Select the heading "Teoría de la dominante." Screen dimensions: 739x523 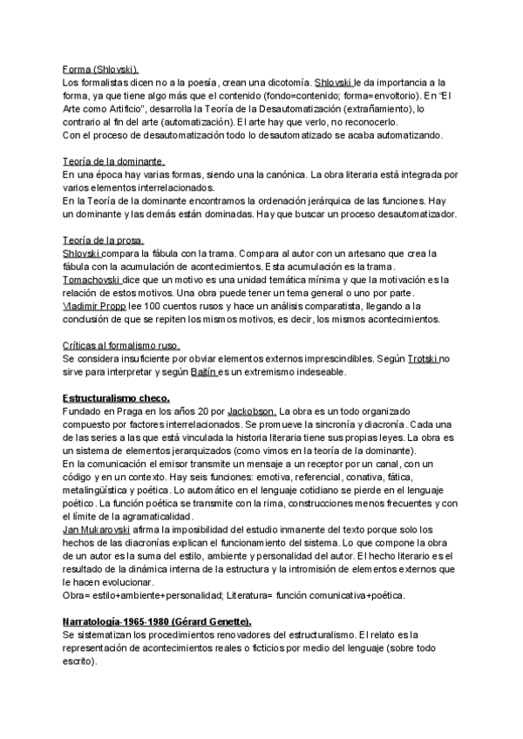(113, 161)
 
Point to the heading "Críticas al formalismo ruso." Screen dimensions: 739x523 (121, 346)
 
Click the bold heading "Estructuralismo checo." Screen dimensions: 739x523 (118, 397)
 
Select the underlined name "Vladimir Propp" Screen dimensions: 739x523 (95, 306)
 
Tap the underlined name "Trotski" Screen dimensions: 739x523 (424, 359)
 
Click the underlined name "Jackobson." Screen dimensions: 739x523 (252, 410)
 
